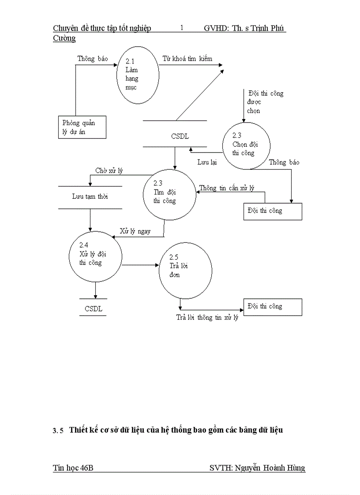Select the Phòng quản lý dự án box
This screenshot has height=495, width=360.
[82, 127]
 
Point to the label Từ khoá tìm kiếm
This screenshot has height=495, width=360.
[187, 59]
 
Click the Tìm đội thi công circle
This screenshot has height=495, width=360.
[170, 194]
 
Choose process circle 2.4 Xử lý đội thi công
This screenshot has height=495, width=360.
[96, 257]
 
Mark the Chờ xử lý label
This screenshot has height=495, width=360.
[109, 171]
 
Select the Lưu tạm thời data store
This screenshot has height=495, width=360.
[90, 197]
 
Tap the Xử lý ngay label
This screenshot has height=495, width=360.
[135, 231]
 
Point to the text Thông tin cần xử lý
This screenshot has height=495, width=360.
[227, 188]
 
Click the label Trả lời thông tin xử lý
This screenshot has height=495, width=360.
[207, 317]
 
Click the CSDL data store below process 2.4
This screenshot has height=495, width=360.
[94, 309]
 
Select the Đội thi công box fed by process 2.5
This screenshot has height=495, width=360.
[273, 307]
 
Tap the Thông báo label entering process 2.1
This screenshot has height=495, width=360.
[93, 59]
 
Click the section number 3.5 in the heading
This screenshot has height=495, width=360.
[58, 431]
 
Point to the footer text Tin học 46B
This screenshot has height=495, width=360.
[73, 468]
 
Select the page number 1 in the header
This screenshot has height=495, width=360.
[182, 28]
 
